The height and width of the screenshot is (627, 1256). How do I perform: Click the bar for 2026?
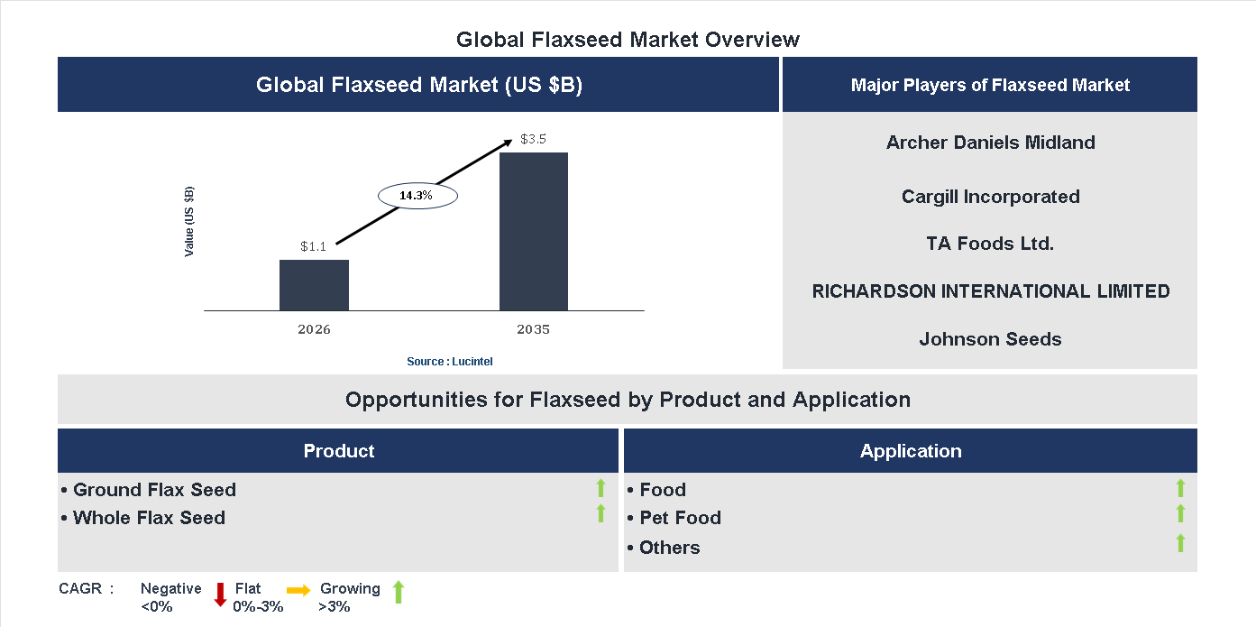pos(314,285)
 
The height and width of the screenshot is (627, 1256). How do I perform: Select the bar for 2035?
pos(534,232)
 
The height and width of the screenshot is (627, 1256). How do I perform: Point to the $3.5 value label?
pos(534,139)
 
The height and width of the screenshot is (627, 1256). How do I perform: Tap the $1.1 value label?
pos(314,245)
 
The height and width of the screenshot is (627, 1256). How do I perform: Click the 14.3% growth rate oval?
pos(417,195)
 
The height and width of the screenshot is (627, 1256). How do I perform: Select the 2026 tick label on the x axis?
pos(314,329)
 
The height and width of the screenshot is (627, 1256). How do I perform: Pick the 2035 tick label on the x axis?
pos(533,329)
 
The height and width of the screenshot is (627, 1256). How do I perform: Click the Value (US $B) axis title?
pos(189,221)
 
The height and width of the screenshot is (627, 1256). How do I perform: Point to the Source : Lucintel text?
pos(450,361)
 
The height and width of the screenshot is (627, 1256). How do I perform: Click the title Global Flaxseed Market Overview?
pos(628,40)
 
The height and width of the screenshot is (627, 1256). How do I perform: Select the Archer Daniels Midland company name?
pos(990,143)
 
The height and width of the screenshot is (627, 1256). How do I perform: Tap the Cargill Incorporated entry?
pos(990,197)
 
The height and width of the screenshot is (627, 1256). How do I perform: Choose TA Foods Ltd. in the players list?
pos(990,244)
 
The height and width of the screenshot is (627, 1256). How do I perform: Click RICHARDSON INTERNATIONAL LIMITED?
pos(990,291)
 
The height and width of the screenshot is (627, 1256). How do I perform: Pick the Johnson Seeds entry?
pos(990,339)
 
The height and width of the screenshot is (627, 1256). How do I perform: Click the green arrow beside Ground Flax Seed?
pos(600,489)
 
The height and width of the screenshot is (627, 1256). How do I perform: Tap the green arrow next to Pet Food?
pos(1180,513)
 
